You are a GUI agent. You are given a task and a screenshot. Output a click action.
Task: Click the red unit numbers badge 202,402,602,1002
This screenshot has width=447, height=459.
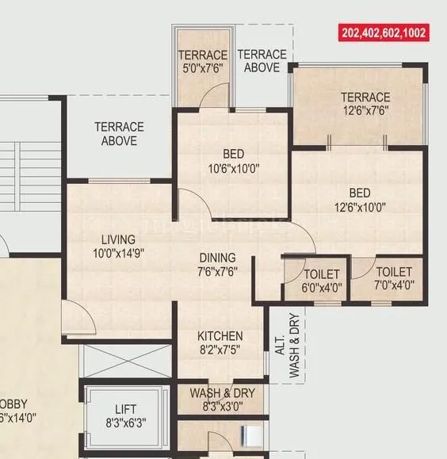pos(384,33)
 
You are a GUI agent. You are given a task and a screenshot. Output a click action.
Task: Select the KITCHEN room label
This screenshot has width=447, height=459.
pos(220,335)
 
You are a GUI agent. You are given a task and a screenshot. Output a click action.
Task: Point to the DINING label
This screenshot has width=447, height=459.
pos(216,258)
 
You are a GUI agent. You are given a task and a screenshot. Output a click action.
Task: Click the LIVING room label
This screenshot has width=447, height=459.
pos(117,239)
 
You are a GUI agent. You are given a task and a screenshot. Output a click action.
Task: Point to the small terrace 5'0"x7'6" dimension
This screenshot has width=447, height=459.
pos(203,68)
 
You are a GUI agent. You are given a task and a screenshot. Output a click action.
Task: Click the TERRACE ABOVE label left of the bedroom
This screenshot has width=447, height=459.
pos(119,133)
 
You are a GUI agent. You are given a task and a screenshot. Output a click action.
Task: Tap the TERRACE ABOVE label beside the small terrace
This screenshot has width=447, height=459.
pos(262,61)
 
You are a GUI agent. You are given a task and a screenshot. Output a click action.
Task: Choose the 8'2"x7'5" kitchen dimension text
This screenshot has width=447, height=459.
pos(220,349)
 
